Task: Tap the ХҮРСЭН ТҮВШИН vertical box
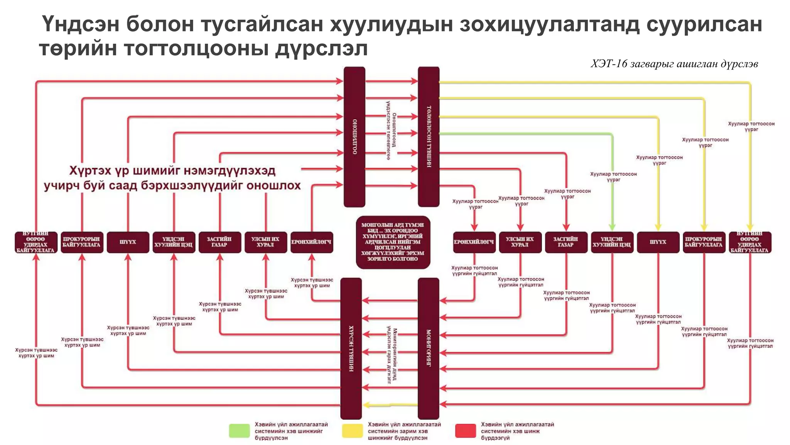[351, 348]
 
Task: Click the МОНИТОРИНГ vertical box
[428, 348]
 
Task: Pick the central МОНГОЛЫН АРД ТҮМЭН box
[393, 242]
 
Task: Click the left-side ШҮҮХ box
[128, 242]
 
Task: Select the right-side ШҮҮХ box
[658, 242]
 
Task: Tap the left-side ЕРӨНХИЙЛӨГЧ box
[312, 242]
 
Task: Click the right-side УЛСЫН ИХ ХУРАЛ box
[520, 242]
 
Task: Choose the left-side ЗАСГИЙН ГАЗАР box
[219, 242]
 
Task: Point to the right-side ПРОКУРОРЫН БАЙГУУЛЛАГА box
[704, 242]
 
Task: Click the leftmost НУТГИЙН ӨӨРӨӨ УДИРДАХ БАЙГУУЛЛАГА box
[36, 242]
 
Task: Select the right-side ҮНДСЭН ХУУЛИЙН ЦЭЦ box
[612, 242]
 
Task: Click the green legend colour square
[239, 431]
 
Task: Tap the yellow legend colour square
[352, 431]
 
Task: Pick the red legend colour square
[465, 431]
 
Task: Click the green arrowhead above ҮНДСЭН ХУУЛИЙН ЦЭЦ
[612, 227]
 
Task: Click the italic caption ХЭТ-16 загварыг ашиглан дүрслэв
[674, 64]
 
